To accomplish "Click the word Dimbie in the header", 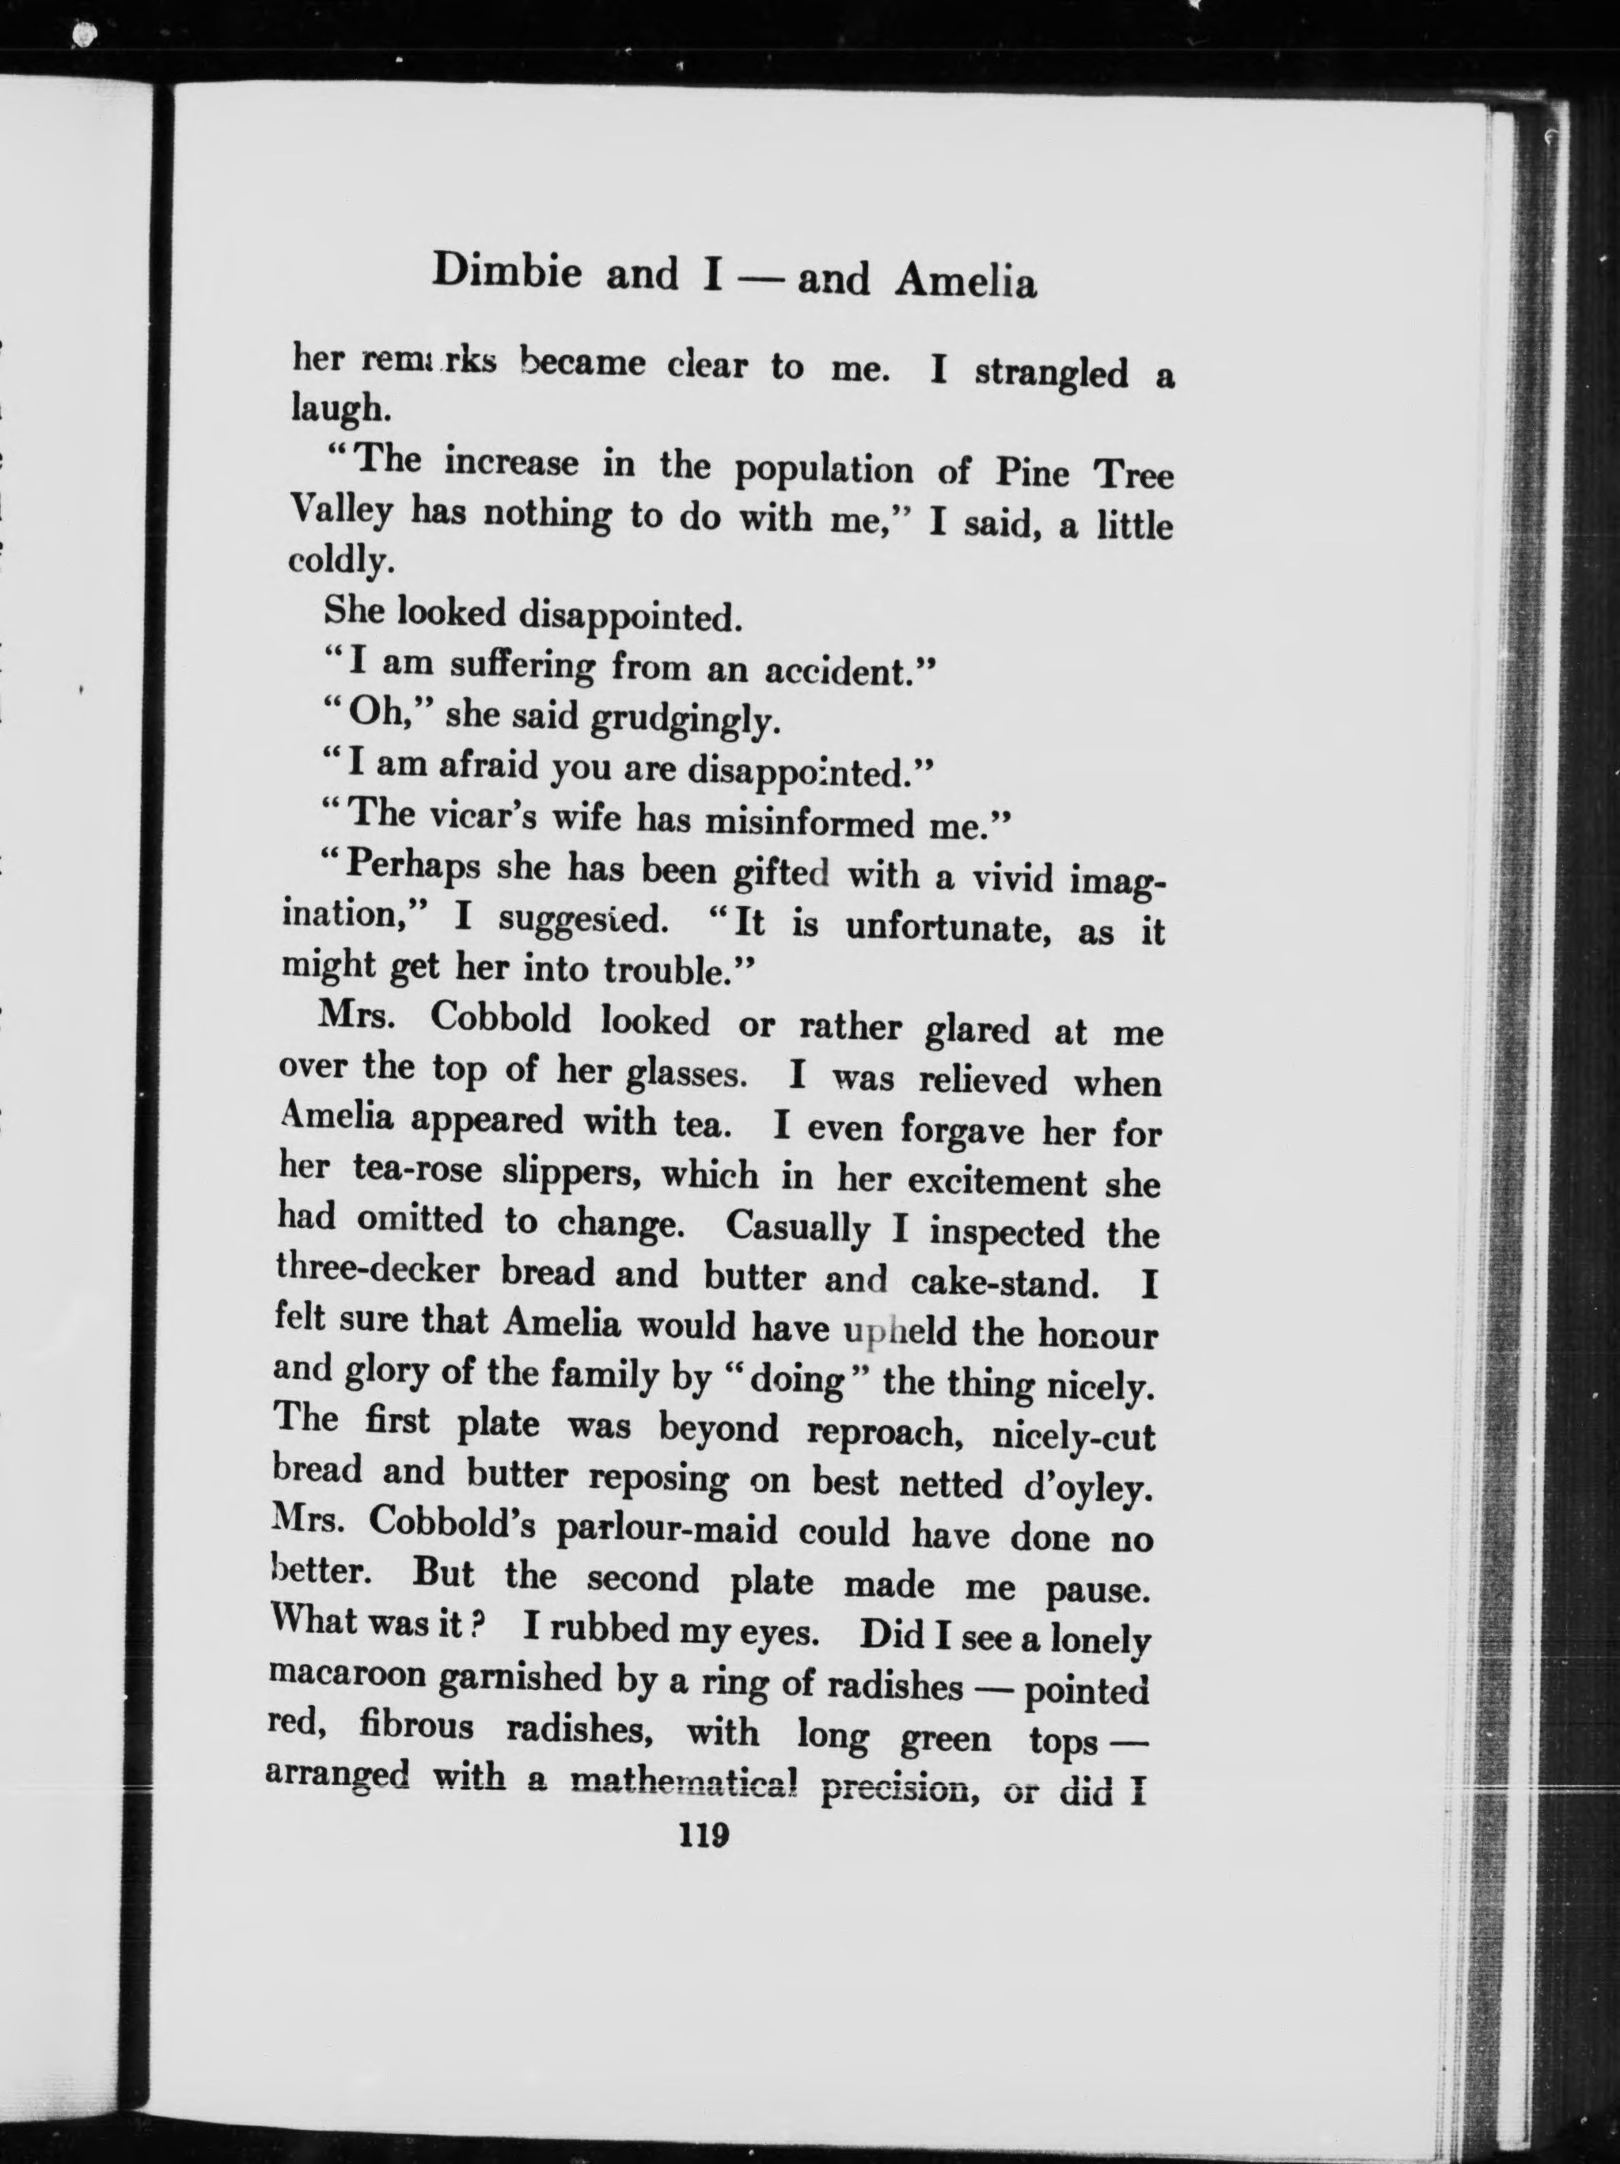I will pyautogui.click(x=506, y=271).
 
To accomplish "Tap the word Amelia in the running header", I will pyautogui.click(x=966, y=281).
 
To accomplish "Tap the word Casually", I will pyautogui.click(x=797, y=1226).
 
